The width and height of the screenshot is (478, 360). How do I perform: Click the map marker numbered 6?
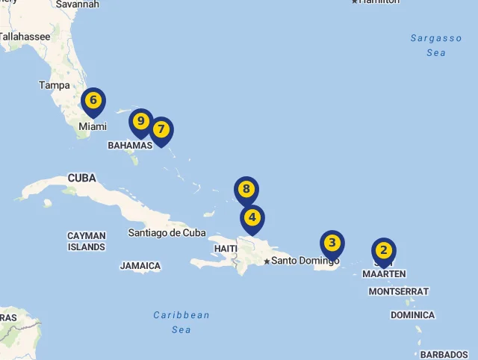[x=93, y=101]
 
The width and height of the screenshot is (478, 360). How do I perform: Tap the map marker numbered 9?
[x=140, y=122]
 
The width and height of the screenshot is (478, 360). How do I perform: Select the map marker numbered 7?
[x=161, y=130]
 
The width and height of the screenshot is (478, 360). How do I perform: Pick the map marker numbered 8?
[x=246, y=190]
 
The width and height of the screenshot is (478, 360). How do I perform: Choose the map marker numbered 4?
[x=252, y=219]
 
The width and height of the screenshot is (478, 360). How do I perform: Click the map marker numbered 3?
[x=332, y=243]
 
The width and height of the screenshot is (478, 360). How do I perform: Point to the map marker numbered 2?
[x=383, y=251]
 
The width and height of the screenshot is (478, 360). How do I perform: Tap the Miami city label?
[x=93, y=127]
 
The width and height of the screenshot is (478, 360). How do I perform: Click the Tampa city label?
[x=55, y=85]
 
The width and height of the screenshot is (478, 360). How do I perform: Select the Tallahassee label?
[x=25, y=36]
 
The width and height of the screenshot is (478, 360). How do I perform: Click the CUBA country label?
[x=81, y=179]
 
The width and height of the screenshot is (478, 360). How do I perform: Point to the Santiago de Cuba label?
[x=167, y=232]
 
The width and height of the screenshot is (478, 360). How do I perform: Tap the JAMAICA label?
[x=140, y=265]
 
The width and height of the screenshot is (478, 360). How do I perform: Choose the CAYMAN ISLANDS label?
[x=87, y=241]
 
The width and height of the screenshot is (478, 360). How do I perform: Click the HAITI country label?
[x=226, y=248]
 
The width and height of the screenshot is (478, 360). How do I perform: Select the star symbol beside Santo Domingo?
[x=267, y=261]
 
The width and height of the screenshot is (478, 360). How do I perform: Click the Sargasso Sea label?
[x=436, y=46]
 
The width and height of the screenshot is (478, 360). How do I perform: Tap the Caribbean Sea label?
[x=181, y=322]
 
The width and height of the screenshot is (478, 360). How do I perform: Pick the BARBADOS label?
[x=444, y=354]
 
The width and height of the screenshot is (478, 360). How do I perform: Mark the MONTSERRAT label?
[x=399, y=291]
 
